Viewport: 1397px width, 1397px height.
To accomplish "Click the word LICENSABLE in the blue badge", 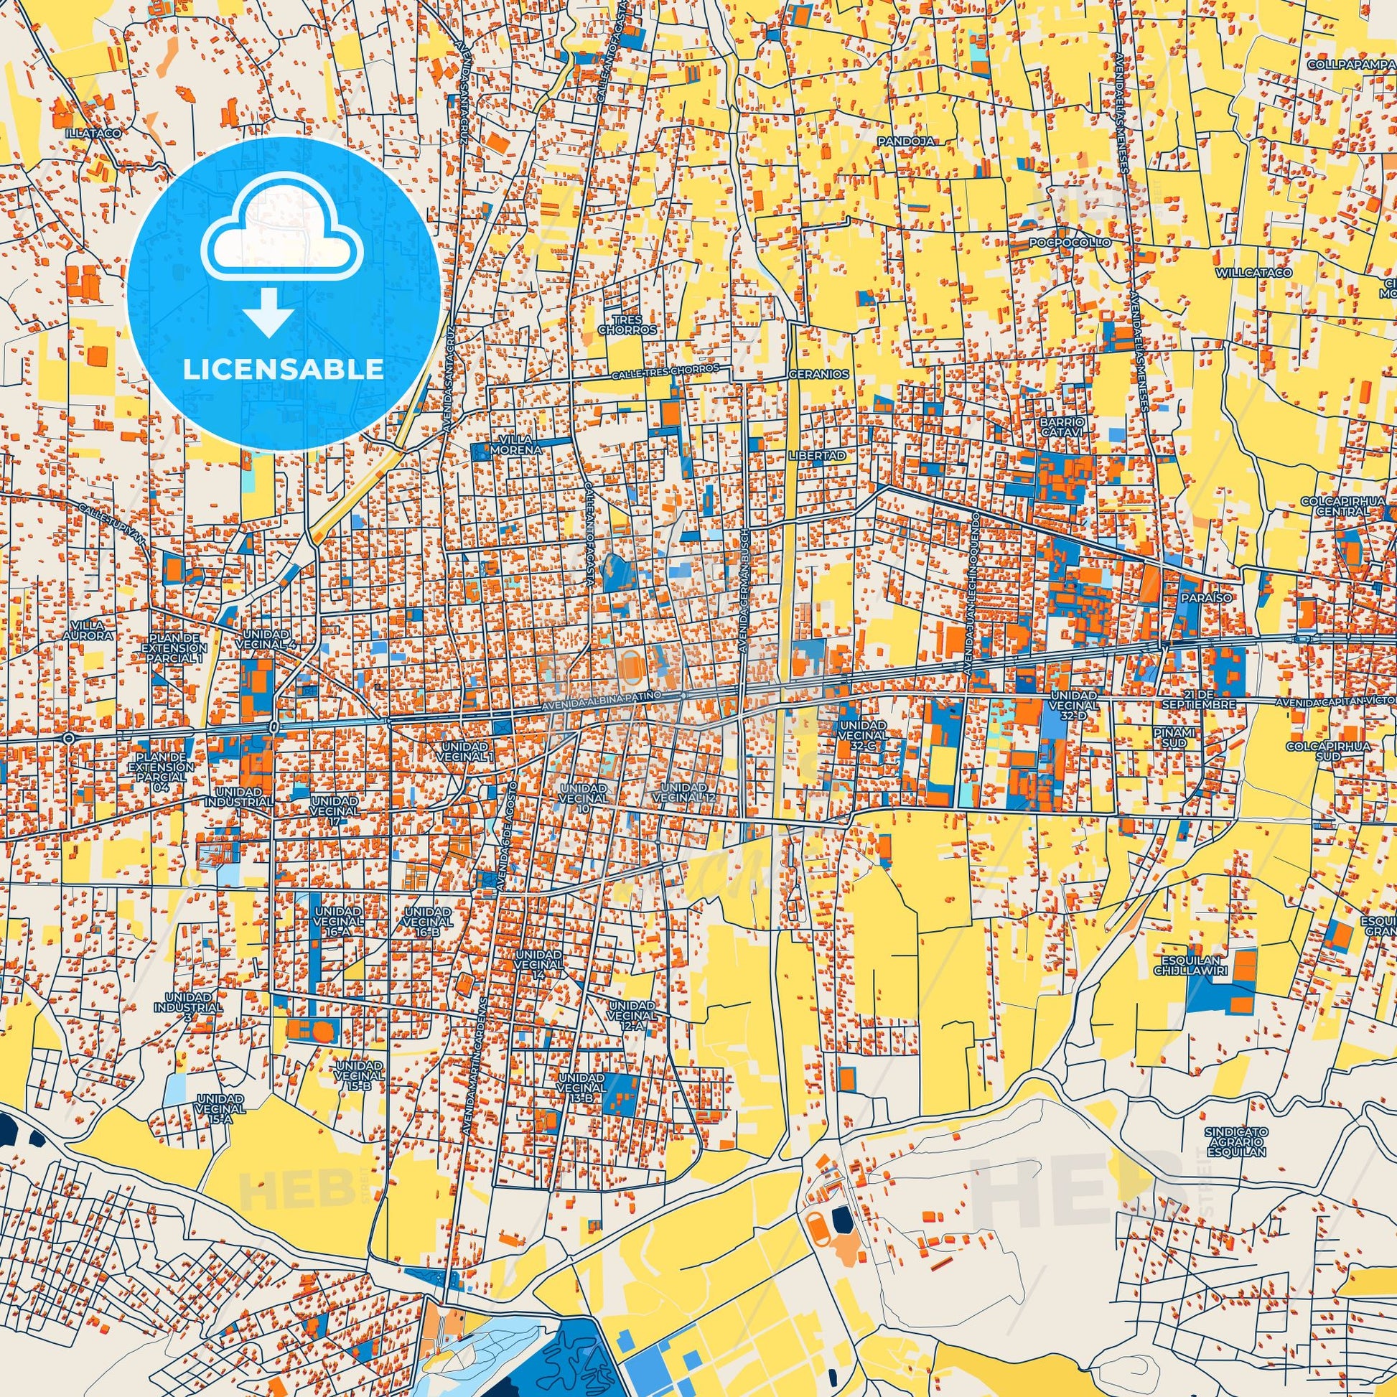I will (x=283, y=369).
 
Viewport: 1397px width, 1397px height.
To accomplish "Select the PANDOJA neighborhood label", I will (x=897, y=139).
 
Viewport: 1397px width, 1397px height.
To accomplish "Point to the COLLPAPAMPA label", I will (x=1350, y=64).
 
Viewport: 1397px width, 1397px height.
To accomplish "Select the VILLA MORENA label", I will (x=515, y=444).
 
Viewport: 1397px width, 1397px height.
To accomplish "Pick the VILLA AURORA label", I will (x=93, y=630).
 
